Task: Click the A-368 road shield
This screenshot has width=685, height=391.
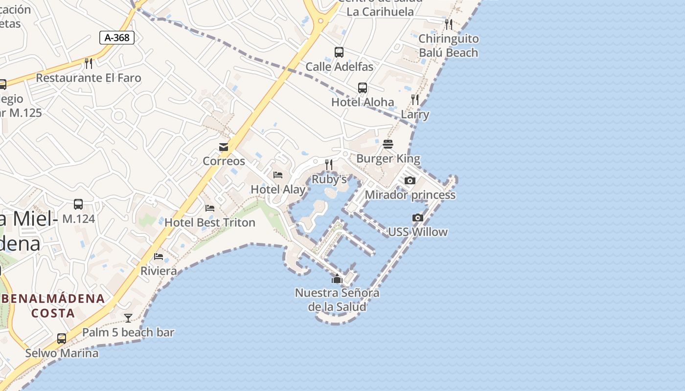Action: pos(117,38)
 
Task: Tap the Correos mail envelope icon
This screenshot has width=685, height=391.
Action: pos(224,147)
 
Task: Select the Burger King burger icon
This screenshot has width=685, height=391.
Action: pos(388,144)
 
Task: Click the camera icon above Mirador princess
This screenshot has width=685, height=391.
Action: pos(410,180)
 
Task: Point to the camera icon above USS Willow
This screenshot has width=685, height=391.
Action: pos(417,217)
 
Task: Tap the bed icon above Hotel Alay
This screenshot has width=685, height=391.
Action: pos(278,175)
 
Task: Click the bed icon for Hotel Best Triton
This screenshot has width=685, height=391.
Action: pos(210,208)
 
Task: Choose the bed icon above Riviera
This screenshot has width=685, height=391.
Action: pos(159,256)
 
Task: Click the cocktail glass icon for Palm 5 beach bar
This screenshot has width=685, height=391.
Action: pos(128,318)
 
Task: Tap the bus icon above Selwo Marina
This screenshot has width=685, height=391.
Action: pos(62,338)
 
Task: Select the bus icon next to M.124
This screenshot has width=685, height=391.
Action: pos(78,204)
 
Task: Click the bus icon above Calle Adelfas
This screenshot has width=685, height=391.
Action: pos(339,52)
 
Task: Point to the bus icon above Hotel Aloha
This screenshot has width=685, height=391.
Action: pos(363,88)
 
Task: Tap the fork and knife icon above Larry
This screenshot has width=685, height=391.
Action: pos(415,100)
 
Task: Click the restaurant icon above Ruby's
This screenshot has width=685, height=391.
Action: pos(329,165)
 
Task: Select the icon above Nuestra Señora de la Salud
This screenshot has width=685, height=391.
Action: pos(337,279)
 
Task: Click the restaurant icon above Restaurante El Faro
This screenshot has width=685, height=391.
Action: pos(89,63)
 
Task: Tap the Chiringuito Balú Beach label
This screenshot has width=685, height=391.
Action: pos(448,45)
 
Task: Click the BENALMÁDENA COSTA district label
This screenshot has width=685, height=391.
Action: pos(53,305)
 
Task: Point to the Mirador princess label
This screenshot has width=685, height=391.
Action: pos(410,195)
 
